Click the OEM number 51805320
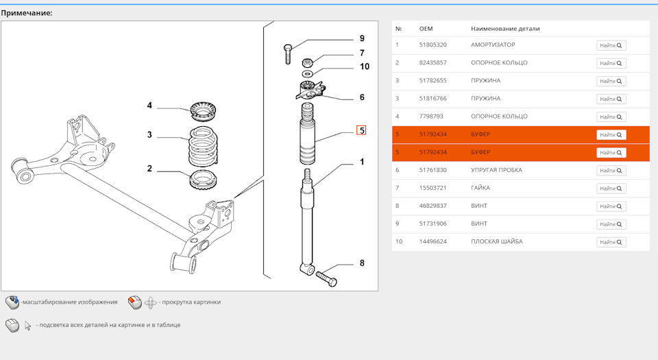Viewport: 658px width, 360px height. [432, 45]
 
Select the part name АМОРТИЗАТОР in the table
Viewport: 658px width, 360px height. [493, 45]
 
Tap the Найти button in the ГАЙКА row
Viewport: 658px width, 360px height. [611, 189]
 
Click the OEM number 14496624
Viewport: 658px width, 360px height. [432, 241]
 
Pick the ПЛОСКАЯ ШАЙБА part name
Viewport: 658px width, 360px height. [497, 241]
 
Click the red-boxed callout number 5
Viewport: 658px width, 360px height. [361, 130]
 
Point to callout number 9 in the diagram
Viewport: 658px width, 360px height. [362, 38]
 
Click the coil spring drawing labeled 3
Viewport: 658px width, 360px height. [203, 147]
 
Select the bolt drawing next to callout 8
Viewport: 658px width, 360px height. [326, 278]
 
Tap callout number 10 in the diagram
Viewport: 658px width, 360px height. [364, 67]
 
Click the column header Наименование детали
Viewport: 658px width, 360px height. [505, 29]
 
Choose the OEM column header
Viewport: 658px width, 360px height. [426, 29]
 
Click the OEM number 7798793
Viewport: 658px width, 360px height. [431, 117]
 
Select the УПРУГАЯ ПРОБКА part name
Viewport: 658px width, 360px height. [496, 170]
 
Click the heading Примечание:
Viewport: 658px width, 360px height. [27, 13]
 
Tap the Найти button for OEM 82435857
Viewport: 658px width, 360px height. [611, 63]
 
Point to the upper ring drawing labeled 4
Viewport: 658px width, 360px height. [203, 110]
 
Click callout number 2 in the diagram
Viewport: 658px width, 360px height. [149, 169]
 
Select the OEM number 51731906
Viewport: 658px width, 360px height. [432, 224]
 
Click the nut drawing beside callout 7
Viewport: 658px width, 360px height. [307, 63]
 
